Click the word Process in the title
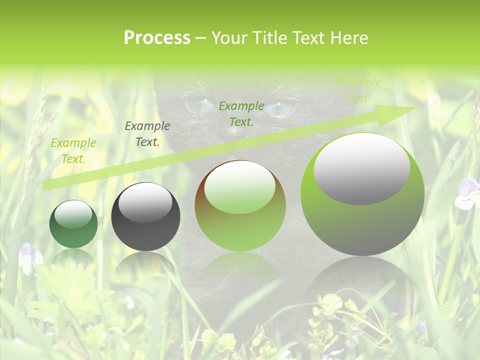click(157, 38)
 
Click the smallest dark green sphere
click(73, 224)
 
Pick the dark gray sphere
click(145, 217)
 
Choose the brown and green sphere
click(240, 205)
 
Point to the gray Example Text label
click(147, 134)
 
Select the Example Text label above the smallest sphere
click(73, 150)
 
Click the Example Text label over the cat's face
click(241, 113)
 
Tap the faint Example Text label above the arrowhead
click(359, 90)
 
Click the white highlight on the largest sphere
click(361, 168)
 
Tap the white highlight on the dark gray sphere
click(145, 202)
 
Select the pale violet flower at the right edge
click(467, 194)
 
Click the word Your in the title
click(229, 38)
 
